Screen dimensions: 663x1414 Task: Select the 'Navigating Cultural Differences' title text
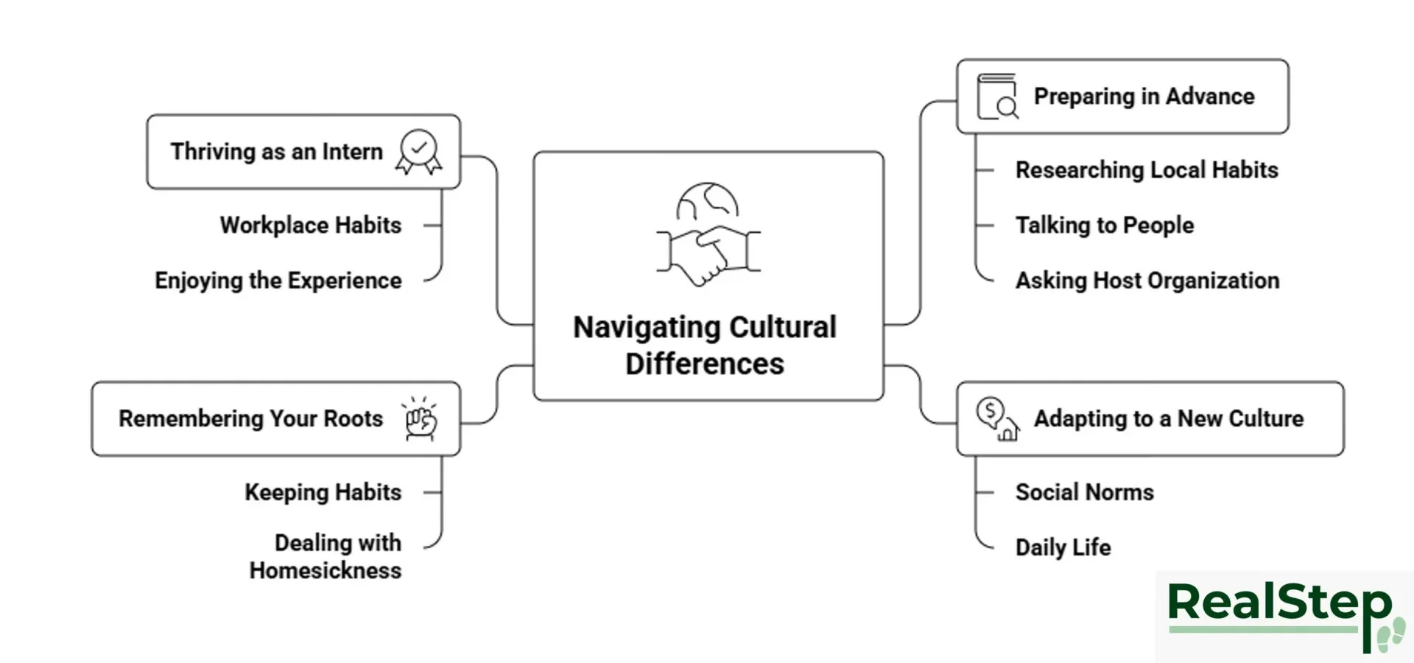click(x=705, y=345)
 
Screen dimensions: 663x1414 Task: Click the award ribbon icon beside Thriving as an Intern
click(x=419, y=152)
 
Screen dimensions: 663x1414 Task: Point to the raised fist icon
click(x=421, y=419)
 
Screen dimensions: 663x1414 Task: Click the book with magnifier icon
click(x=997, y=97)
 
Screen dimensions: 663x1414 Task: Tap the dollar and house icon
click(x=997, y=418)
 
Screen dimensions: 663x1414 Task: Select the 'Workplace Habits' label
click(x=311, y=225)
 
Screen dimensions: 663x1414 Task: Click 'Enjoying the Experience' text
click(x=278, y=281)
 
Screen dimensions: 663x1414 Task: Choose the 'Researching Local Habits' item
click(x=1146, y=170)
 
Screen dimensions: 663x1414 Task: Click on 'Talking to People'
click(x=1104, y=225)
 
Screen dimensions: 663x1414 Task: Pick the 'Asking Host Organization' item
click(x=1147, y=281)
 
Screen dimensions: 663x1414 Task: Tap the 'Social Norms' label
click(x=1084, y=492)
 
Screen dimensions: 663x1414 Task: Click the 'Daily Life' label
click(x=1063, y=547)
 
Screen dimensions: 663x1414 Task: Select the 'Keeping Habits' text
click(x=323, y=492)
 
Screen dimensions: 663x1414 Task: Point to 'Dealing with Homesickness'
click(x=326, y=556)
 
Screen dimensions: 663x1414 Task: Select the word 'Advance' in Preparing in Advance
click(x=1210, y=97)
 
